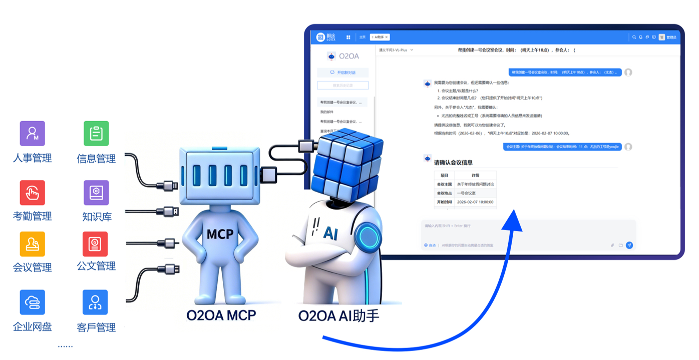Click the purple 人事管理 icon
tap(33, 133)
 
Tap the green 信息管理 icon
tap(96, 133)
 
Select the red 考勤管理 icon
tap(33, 193)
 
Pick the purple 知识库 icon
tap(96, 193)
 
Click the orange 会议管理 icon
tap(33, 244)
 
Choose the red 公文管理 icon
tap(96, 244)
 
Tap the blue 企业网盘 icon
tap(33, 302)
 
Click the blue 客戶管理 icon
tap(95, 302)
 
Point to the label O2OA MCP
tap(221, 316)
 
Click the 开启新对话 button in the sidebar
tap(343, 73)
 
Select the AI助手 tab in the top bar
tap(379, 37)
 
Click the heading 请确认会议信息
tap(453, 162)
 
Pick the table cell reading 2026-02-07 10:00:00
tap(475, 202)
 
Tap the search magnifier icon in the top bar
tap(634, 37)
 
